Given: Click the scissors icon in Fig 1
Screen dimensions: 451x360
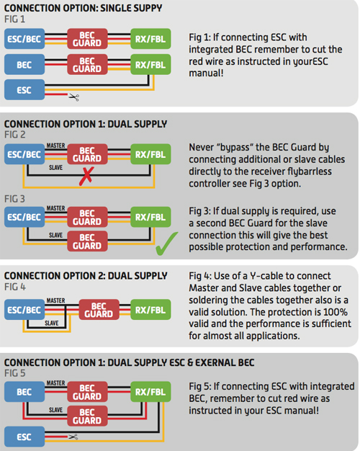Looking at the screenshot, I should coord(73,96).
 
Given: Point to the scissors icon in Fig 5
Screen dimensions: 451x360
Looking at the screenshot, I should coord(73,437).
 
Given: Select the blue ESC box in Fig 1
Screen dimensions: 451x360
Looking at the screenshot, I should coord(24,90).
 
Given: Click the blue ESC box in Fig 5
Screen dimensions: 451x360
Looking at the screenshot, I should coord(24,436).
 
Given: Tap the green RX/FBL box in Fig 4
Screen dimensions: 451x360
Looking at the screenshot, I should coord(152,311).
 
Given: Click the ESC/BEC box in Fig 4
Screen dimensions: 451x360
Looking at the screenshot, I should coord(24,311).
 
